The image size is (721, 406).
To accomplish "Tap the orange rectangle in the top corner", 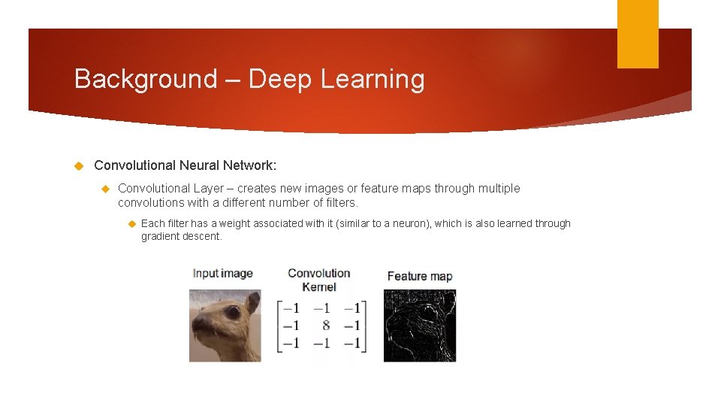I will point(638,33).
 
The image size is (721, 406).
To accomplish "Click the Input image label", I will point(222,273).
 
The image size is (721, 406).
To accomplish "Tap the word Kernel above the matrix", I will point(318,286).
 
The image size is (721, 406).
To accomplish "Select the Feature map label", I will point(420,276).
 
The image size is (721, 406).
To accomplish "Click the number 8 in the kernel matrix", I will point(325,326).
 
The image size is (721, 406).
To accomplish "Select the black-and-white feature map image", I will point(419,326).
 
